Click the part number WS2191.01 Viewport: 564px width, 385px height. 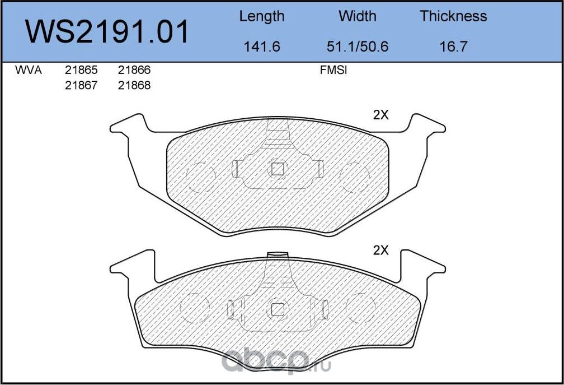(107, 32)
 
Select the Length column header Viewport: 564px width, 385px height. (262, 17)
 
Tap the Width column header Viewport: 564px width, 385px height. (357, 16)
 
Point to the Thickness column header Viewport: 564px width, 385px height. (453, 16)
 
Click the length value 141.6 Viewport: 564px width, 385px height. (262, 47)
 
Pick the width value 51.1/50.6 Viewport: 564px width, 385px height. (357, 47)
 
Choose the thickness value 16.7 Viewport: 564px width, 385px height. (453, 47)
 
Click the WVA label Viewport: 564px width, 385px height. (29, 70)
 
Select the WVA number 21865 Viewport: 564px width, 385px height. (81, 70)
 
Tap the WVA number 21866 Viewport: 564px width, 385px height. (134, 70)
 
